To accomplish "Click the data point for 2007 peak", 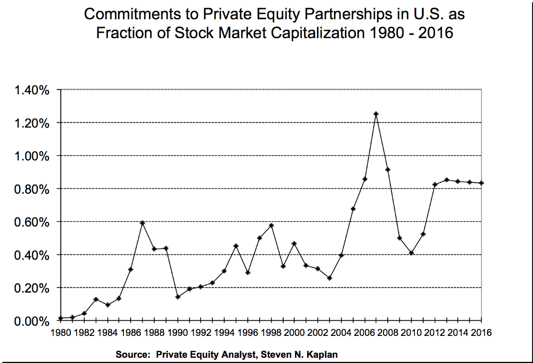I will (376, 114).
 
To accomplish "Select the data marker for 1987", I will (142, 223).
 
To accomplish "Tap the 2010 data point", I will (411, 253).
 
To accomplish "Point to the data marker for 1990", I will (177, 297).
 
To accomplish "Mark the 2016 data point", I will (481, 183).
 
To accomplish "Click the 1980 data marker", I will (61, 318).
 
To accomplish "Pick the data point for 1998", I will (271, 226).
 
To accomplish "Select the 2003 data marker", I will (329, 278).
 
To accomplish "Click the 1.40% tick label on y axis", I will (33, 90).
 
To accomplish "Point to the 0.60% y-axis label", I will (33, 222).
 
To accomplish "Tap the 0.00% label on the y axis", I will (33, 321).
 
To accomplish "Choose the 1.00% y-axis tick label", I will (33, 156).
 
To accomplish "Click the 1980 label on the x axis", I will (61, 332).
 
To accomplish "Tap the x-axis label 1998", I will (271, 332).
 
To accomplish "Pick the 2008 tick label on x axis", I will (388, 332).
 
